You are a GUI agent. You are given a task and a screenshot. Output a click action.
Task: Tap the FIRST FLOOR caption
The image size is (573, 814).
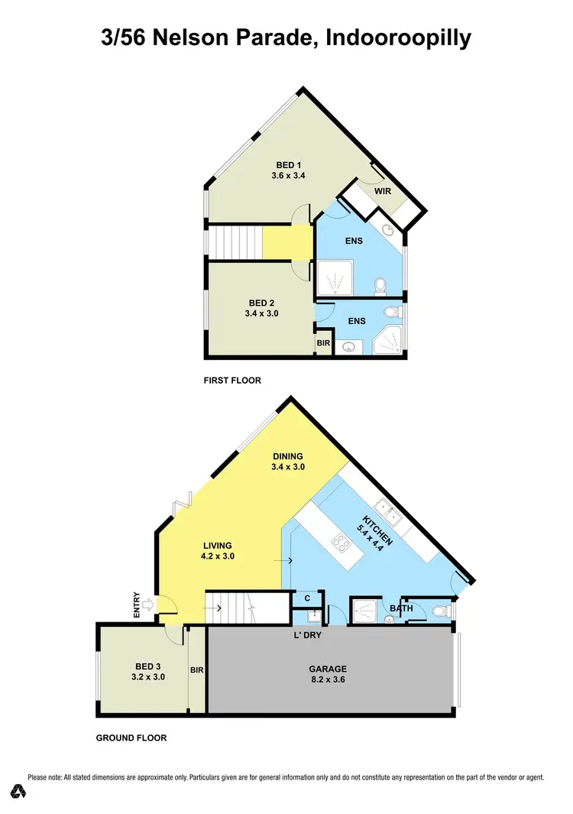coord(233,380)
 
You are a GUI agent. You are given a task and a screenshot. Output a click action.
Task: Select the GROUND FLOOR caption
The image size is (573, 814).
coord(131,738)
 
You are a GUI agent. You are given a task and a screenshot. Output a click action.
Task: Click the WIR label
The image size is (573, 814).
coord(383,191)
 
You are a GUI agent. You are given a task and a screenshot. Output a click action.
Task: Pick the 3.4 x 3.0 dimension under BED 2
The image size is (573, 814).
coord(264,313)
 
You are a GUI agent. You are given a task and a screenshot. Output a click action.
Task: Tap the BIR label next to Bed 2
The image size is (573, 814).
coord(323,344)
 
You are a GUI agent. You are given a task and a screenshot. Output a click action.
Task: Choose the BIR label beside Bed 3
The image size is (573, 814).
coord(196,670)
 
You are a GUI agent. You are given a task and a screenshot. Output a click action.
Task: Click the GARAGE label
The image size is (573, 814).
coord(328,668)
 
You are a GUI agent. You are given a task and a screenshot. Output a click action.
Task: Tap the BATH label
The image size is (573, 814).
coord(401,608)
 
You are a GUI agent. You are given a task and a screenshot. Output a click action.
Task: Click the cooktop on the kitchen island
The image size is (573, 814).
coord(340,545)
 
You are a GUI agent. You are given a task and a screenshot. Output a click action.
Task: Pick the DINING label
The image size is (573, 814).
coord(287,457)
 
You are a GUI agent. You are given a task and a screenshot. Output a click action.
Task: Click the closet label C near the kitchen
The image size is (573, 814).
coord(307,598)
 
